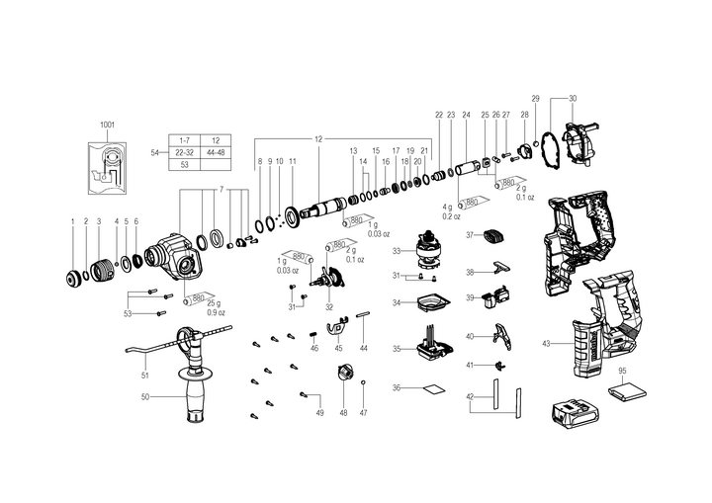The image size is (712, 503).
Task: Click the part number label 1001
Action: pyautogui.click(x=107, y=126)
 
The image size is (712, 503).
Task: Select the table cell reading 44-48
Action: pyautogui.click(x=215, y=152)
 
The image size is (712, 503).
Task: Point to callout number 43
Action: pyautogui.click(x=546, y=343)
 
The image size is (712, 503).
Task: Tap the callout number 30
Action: pyautogui.click(x=572, y=98)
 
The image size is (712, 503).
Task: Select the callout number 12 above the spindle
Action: pyautogui.click(x=318, y=136)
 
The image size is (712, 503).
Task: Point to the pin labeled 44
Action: pyautogui.click(x=364, y=317)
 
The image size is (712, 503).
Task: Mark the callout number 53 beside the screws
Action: pyautogui.click(x=128, y=313)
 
